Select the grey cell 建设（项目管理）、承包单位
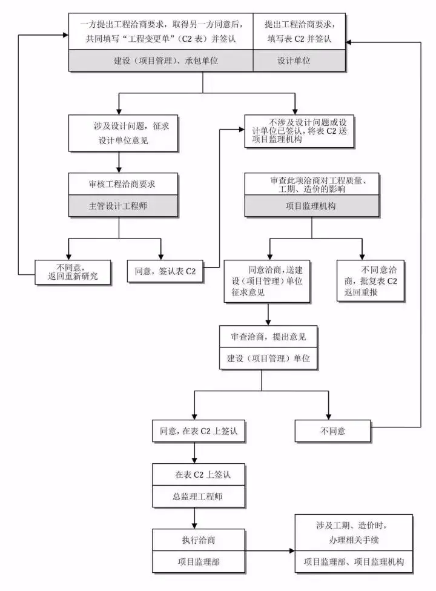(160, 61)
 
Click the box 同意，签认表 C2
(165, 271)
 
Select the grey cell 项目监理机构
(311, 206)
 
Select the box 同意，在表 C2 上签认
(194, 431)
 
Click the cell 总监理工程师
(194, 497)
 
